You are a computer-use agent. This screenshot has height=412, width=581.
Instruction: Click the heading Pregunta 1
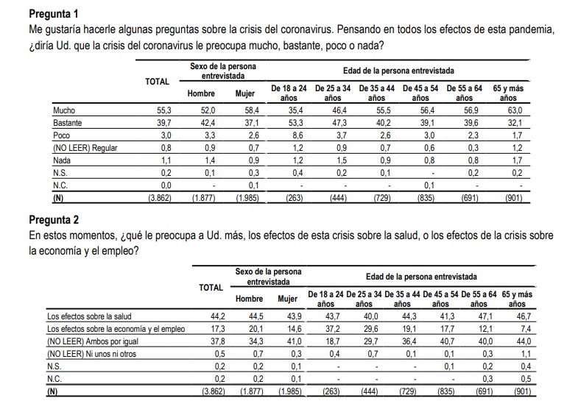pos(53,14)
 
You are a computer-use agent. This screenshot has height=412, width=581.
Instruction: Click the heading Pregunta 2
pos(53,219)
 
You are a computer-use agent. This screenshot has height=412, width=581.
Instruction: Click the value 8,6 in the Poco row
pos(292,135)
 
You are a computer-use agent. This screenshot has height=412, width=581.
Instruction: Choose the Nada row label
pos(62,160)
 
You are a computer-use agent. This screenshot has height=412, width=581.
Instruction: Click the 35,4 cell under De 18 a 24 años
pos(292,110)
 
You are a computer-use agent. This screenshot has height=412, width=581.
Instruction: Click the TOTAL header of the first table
pos(157,81)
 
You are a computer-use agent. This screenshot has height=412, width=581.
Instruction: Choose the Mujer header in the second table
pos(287,299)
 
